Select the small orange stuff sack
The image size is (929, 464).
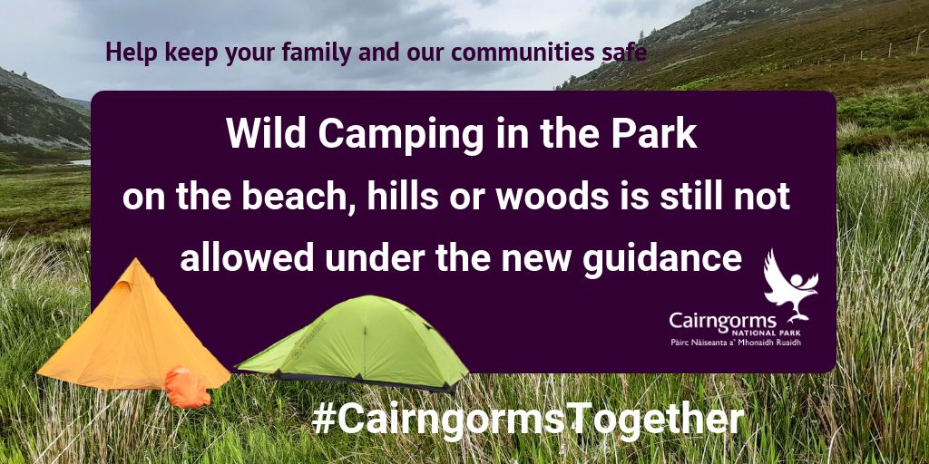click(187, 388)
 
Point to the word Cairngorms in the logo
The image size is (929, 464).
click(722, 322)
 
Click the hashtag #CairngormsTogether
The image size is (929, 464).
click(527, 420)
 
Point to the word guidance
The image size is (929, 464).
click(662, 260)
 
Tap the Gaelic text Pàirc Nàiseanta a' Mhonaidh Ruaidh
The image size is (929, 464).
click(735, 342)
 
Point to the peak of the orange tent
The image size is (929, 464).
click(135, 258)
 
